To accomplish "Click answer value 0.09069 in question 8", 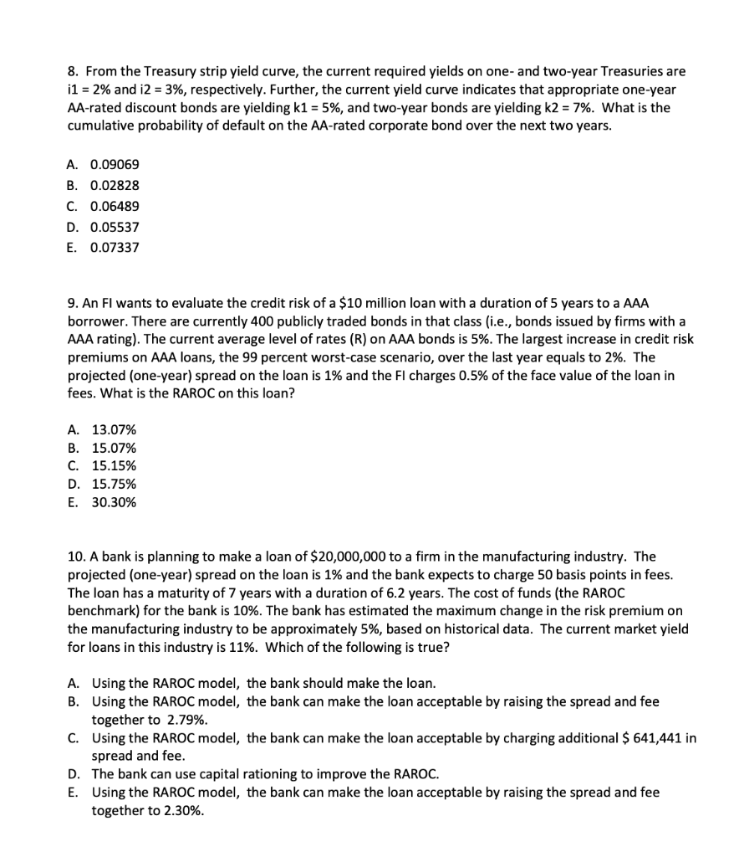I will coord(115,165).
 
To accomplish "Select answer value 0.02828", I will coord(115,186).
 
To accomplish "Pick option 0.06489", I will coord(115,206).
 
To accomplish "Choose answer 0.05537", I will coord(115,227).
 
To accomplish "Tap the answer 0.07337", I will coord(115,248).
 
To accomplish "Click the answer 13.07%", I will coord(114,430).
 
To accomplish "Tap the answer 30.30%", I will coord(114,503).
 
